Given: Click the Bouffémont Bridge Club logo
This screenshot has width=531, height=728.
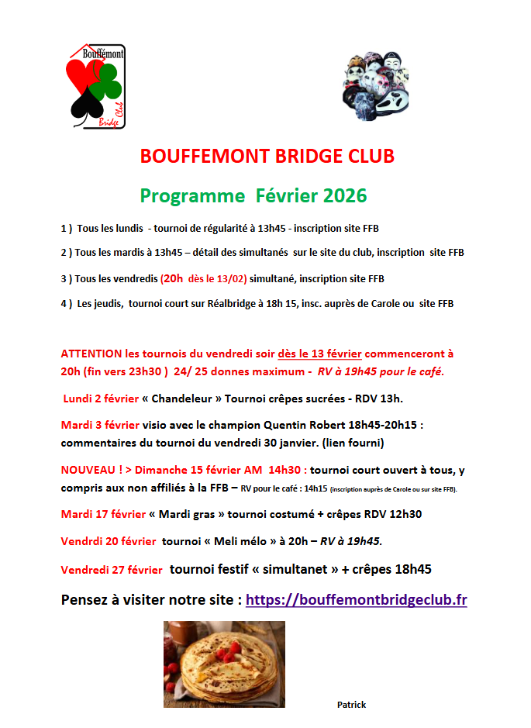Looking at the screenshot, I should tap(95, 86).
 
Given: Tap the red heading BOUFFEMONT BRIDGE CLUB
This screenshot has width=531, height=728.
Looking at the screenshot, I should tap(267, 156).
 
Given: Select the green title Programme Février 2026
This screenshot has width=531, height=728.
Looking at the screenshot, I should tap(253, 195).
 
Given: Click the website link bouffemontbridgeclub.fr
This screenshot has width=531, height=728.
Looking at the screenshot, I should tap(356, 599).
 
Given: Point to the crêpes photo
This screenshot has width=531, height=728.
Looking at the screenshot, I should tap(224, 658).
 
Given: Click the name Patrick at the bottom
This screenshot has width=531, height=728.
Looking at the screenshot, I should tap(351, 704).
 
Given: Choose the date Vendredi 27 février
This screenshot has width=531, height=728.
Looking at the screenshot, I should tap(112, 570).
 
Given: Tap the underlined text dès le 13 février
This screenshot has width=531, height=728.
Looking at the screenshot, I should tap(319, 354).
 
